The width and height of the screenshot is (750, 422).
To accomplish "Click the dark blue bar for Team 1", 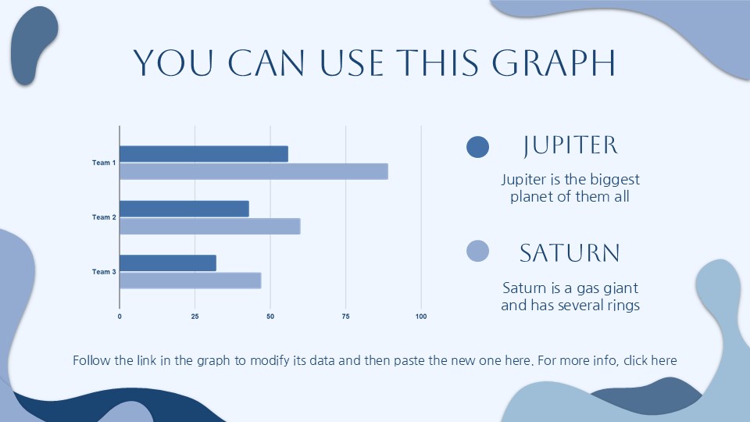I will pos(204,154).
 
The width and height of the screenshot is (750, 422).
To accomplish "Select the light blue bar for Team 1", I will pos(253,171).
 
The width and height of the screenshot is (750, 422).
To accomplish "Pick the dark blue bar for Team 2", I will pos(184,209).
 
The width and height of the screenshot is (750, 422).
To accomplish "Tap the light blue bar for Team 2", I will pos(209,227).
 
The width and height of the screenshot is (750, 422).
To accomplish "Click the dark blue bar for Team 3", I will pos(168,263).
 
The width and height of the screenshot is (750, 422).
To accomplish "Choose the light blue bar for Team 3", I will pos(190,281).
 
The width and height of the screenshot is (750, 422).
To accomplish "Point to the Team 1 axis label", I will pos(104,163).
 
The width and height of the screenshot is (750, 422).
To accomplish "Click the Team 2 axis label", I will pos(104,217).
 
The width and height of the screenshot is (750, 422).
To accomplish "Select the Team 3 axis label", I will pos(104,272).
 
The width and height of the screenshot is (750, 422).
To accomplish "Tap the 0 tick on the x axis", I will pos(120,316).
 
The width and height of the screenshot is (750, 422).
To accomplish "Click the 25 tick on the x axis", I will pos(195,316).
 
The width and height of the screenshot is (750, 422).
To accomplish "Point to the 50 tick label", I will pos(270,316).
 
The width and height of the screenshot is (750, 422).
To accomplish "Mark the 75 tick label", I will pos(345,316).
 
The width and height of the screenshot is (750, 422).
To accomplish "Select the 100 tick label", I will pos(421,316).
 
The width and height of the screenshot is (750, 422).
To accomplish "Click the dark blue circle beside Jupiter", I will pos(477,147).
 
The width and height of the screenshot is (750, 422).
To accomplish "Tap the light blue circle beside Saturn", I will pos(477,251).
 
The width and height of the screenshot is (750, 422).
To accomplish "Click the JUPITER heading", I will pos(570,145).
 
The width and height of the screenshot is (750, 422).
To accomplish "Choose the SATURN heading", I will pos(570,253).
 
